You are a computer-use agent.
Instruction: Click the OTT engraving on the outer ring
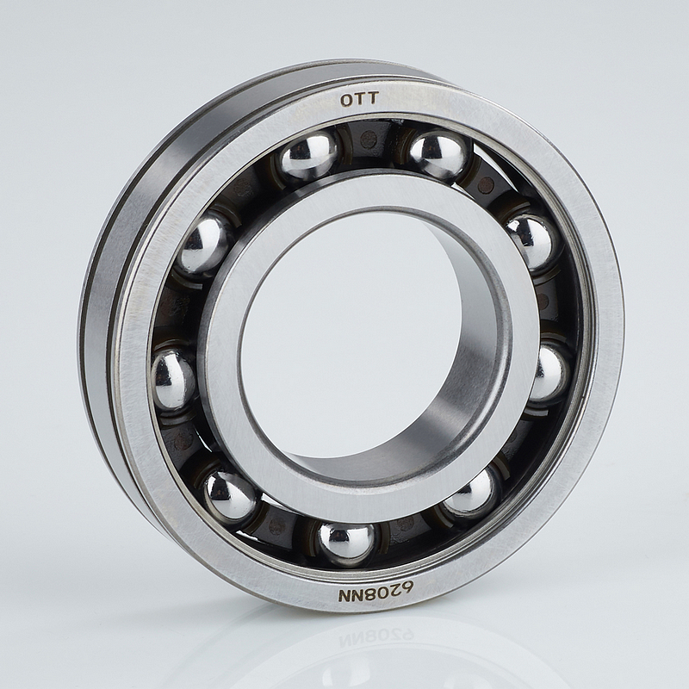click(359, 100)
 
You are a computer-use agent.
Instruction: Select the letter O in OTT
click(346, 101)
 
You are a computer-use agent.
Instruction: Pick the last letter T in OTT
click(372, 99)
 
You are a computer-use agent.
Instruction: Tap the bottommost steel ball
click(347, 543)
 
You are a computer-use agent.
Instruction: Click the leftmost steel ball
click(173, 379)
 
